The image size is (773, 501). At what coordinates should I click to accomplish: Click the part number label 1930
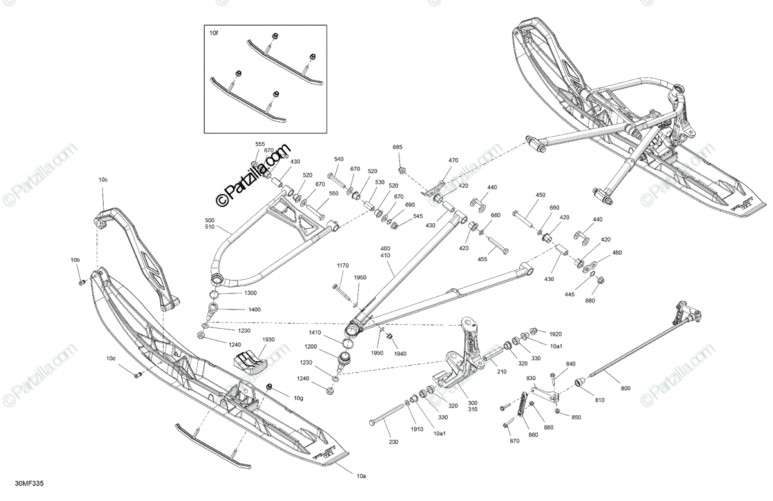[x=268, y=340]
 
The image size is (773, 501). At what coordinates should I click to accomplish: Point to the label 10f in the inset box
[x=213, y=31]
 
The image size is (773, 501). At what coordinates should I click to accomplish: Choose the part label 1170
[x=342, y=266]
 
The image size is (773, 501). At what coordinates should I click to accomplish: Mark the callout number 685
[x=397, y=148]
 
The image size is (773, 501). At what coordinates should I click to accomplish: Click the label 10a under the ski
[x=361, y=476]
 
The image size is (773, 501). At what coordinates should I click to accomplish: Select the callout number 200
[x=394, y=442]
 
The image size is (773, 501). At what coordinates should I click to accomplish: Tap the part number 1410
[x=314, y=332]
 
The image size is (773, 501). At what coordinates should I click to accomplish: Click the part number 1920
[x=555, y=334]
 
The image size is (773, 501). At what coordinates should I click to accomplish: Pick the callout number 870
[x=514, y=441]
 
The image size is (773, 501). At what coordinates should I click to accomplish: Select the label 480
[x=617, y=252]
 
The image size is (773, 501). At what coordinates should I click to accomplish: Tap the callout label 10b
[x=75, y=260]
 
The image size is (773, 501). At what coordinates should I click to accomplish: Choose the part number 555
[x=260, y=144]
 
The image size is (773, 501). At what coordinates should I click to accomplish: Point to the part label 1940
[x=400, y=353]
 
